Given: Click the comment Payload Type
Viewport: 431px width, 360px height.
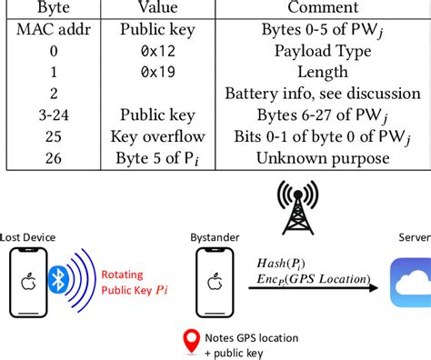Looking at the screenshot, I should point(322,51).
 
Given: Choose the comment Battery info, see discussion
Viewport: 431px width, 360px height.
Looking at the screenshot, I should point(322,93).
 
